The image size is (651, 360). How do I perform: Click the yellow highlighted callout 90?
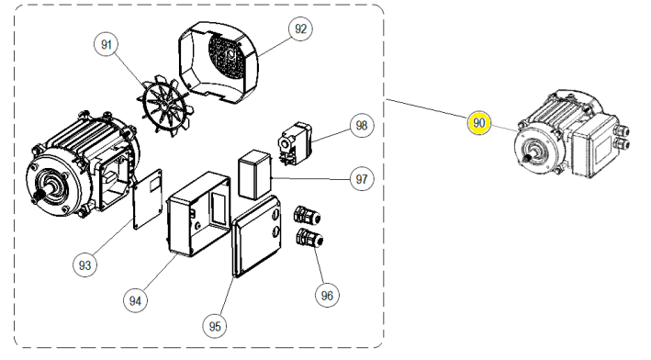478,122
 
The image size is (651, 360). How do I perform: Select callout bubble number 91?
107,44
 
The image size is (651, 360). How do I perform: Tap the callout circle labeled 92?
300,28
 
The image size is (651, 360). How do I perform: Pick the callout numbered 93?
84,264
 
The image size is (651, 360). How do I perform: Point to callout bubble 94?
135,300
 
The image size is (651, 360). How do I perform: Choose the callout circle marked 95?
215,326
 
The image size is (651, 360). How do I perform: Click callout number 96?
327,295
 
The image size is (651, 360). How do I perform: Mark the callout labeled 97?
362,179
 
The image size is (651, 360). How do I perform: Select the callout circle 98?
362,125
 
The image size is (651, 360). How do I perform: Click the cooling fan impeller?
165,105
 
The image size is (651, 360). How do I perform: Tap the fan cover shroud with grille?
219,62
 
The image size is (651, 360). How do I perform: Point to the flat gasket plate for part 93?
148,199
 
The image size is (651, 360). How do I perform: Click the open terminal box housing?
198,214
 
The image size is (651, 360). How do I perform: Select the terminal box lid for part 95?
256,236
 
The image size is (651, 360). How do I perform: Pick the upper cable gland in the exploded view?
308,216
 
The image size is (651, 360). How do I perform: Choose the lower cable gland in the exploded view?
309,238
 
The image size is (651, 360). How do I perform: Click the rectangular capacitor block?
254,174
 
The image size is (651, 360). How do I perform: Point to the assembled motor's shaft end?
528,158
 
